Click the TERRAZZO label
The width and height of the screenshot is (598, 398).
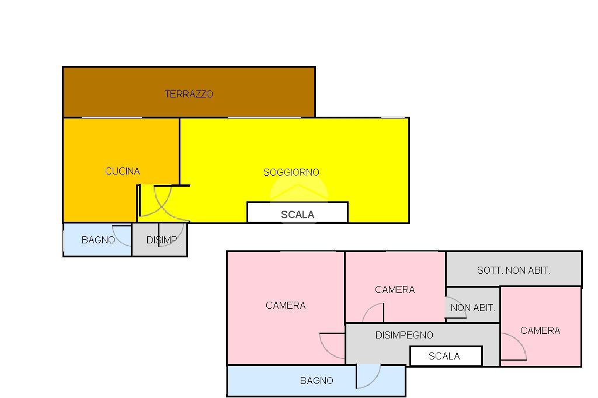[189, 94]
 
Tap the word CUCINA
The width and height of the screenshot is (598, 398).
[123, 171]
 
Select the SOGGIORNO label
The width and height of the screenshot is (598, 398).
[291, 172]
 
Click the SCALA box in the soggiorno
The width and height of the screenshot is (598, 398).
[297, 212]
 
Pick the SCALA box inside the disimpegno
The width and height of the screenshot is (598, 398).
[446, 356]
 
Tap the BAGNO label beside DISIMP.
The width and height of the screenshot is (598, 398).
[98, 240]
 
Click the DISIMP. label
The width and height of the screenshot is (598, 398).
[163, 240]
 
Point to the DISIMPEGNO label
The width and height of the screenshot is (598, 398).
[404, 335]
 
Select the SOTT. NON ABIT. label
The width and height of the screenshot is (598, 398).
[513, 271]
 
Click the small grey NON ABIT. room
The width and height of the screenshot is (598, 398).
[473, 305]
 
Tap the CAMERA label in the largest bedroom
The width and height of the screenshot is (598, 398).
[286, 305]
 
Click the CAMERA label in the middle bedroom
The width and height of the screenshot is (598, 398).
[395, 289]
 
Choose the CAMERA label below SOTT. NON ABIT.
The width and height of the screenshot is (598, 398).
[540, 330]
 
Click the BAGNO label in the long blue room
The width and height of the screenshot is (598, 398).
[317, 380]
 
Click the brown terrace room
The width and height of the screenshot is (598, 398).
[189, 92]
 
